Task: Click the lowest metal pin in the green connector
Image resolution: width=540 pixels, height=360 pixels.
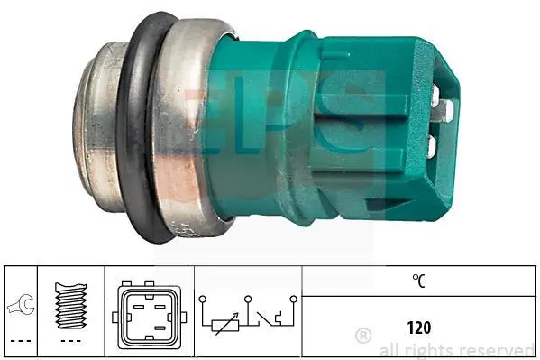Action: point(431,147)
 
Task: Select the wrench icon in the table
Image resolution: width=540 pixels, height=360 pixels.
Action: point(21,304)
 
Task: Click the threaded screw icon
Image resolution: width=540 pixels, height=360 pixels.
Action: point(71,306)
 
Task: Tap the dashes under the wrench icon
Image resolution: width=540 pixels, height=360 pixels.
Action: point(21,341)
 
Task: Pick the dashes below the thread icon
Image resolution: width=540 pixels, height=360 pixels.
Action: point(71,341)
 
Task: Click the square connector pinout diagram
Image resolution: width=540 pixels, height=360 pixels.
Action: point(149,315)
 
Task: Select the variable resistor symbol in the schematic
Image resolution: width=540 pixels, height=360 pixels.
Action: point(224,325)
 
